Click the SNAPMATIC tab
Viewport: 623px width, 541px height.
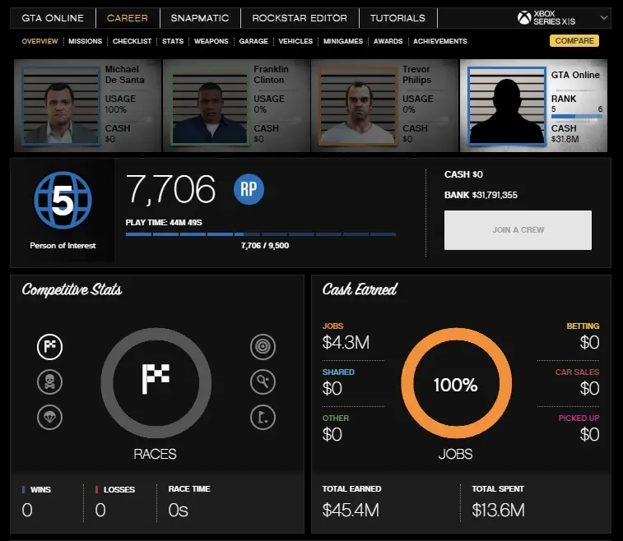point(200,18)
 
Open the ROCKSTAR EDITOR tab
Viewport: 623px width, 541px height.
point(300,18)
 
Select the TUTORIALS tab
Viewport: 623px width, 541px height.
point(398,18)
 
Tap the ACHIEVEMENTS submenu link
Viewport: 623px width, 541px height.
point(439,41)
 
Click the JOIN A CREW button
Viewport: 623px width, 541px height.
point(518,230)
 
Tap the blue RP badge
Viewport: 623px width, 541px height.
point(249,189)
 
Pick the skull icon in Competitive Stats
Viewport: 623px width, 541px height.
point(49,382)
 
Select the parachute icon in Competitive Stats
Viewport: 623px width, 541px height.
point(49,418)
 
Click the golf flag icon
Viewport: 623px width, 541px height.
point(263,418)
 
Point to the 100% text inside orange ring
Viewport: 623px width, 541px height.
point(456,385)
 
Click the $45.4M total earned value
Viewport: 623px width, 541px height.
point(351,511)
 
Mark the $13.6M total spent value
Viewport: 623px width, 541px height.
point(498,511)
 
